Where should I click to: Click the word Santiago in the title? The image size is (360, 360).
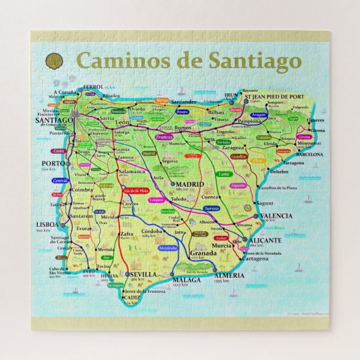point(255,60)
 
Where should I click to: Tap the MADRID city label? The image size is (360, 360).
point(191,184)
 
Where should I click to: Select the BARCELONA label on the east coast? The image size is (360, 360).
point(309,154)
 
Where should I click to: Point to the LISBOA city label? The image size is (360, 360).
point(47,225)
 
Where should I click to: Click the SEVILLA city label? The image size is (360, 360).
point(143,274)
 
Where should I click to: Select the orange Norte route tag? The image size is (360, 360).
point(162,100)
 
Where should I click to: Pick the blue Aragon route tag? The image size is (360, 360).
point(258,115)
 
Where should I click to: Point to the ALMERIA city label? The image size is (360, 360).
point(229,276)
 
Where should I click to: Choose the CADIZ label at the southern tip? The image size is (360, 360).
point(132,298)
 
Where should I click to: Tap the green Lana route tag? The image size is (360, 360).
point(224,174)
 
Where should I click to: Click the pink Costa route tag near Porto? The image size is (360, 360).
point(57,151)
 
